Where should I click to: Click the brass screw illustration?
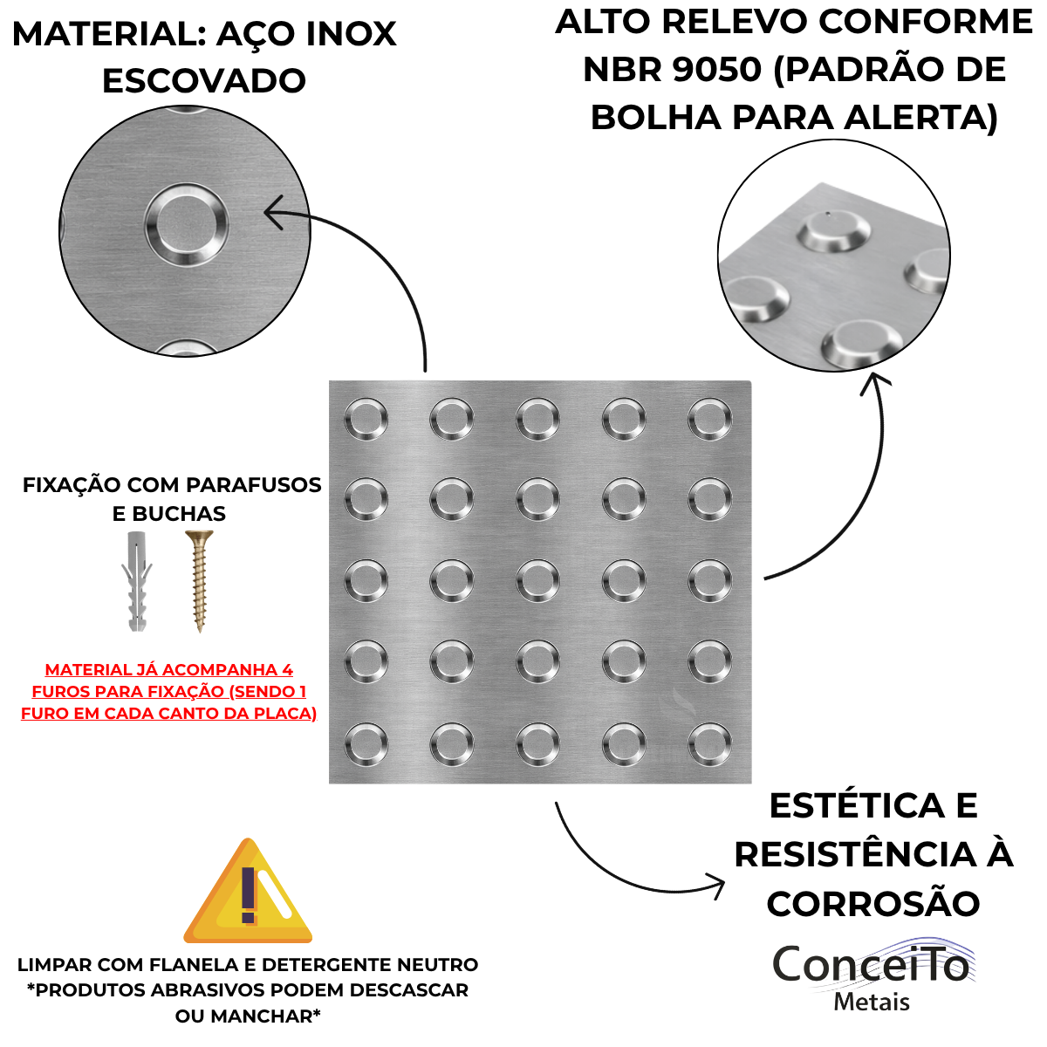(x=200, y=581)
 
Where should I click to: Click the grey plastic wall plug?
(x=136, y=581)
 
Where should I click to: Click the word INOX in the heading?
(x=352, y=34)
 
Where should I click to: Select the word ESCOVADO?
(x=204, y=80)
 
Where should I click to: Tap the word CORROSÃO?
(x=873, y=904)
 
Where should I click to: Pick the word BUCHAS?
(x=179, y=513)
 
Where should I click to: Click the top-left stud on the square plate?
(x=366, y=419)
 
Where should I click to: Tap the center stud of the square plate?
(x=538, y=581)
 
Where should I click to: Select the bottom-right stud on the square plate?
(x=709, y=744)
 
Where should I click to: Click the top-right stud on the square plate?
(x=709, y=419)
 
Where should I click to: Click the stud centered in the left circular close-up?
(x=187, y=223)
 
